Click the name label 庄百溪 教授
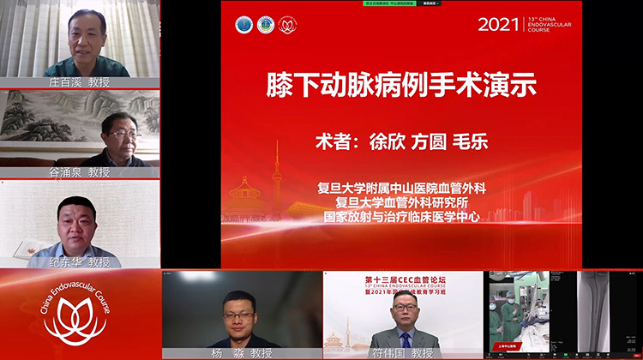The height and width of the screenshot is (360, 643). [80, 82]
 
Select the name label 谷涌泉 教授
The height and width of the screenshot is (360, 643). [80, 172]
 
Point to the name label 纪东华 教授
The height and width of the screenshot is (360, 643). [80, 261]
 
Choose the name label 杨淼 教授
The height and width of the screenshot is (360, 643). [243, 352]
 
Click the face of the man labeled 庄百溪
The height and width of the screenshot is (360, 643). [87, 34]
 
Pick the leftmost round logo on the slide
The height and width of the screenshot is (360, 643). [244, 26]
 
